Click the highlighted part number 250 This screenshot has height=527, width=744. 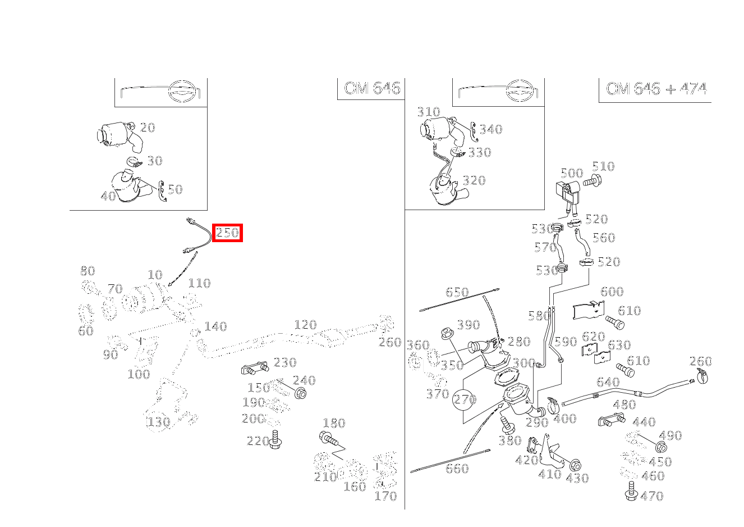pos(227,233)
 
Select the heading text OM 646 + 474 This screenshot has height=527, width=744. pos(655,89)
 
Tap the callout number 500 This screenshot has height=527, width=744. pos(572,172)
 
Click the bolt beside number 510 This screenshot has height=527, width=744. pos(592,181)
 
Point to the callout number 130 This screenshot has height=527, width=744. pos(158,421)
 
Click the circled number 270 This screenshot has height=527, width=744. pos(464,399)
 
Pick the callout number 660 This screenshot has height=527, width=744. pos(456,469)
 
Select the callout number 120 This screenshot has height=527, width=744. pos(305,325)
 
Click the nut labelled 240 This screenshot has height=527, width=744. pos(300,393)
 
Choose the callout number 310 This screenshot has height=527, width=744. pos(428,112)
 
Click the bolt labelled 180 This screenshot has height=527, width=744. pos(328,438)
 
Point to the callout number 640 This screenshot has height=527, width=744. pos(608,382)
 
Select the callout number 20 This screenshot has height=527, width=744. pos(147,128)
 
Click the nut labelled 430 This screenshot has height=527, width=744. pos(574,466)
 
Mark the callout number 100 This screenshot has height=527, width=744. pos(139,374)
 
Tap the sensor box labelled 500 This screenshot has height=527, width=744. pos(568,192)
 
